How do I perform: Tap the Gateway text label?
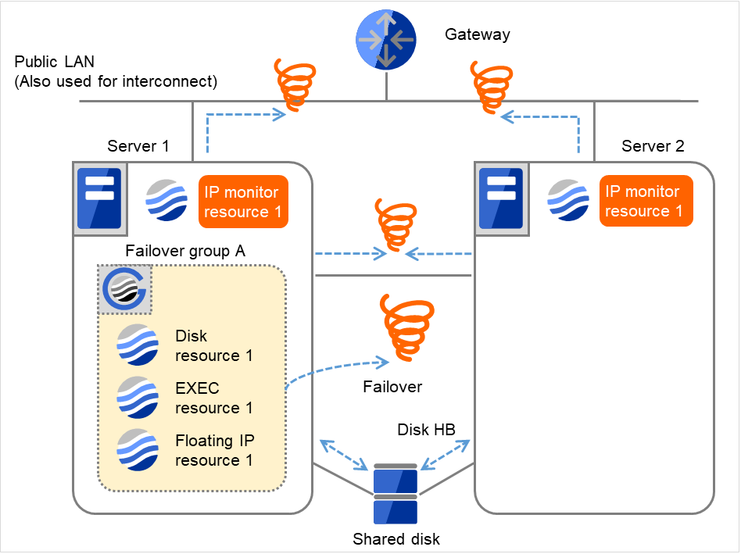(477, 34)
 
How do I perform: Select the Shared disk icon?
(396, 494)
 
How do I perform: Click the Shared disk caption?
(396, 539)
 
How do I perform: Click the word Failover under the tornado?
(392, 387)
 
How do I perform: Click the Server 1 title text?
(138, 146)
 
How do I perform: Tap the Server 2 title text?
(653, 146)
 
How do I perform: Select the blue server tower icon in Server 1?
(98, 198)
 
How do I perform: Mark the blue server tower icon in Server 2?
(500, 198)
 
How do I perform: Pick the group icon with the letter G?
(125, 291)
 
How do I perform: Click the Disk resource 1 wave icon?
(137, 345)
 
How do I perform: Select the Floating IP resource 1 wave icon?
(137, 450)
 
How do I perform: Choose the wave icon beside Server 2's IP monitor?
(568, 201)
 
